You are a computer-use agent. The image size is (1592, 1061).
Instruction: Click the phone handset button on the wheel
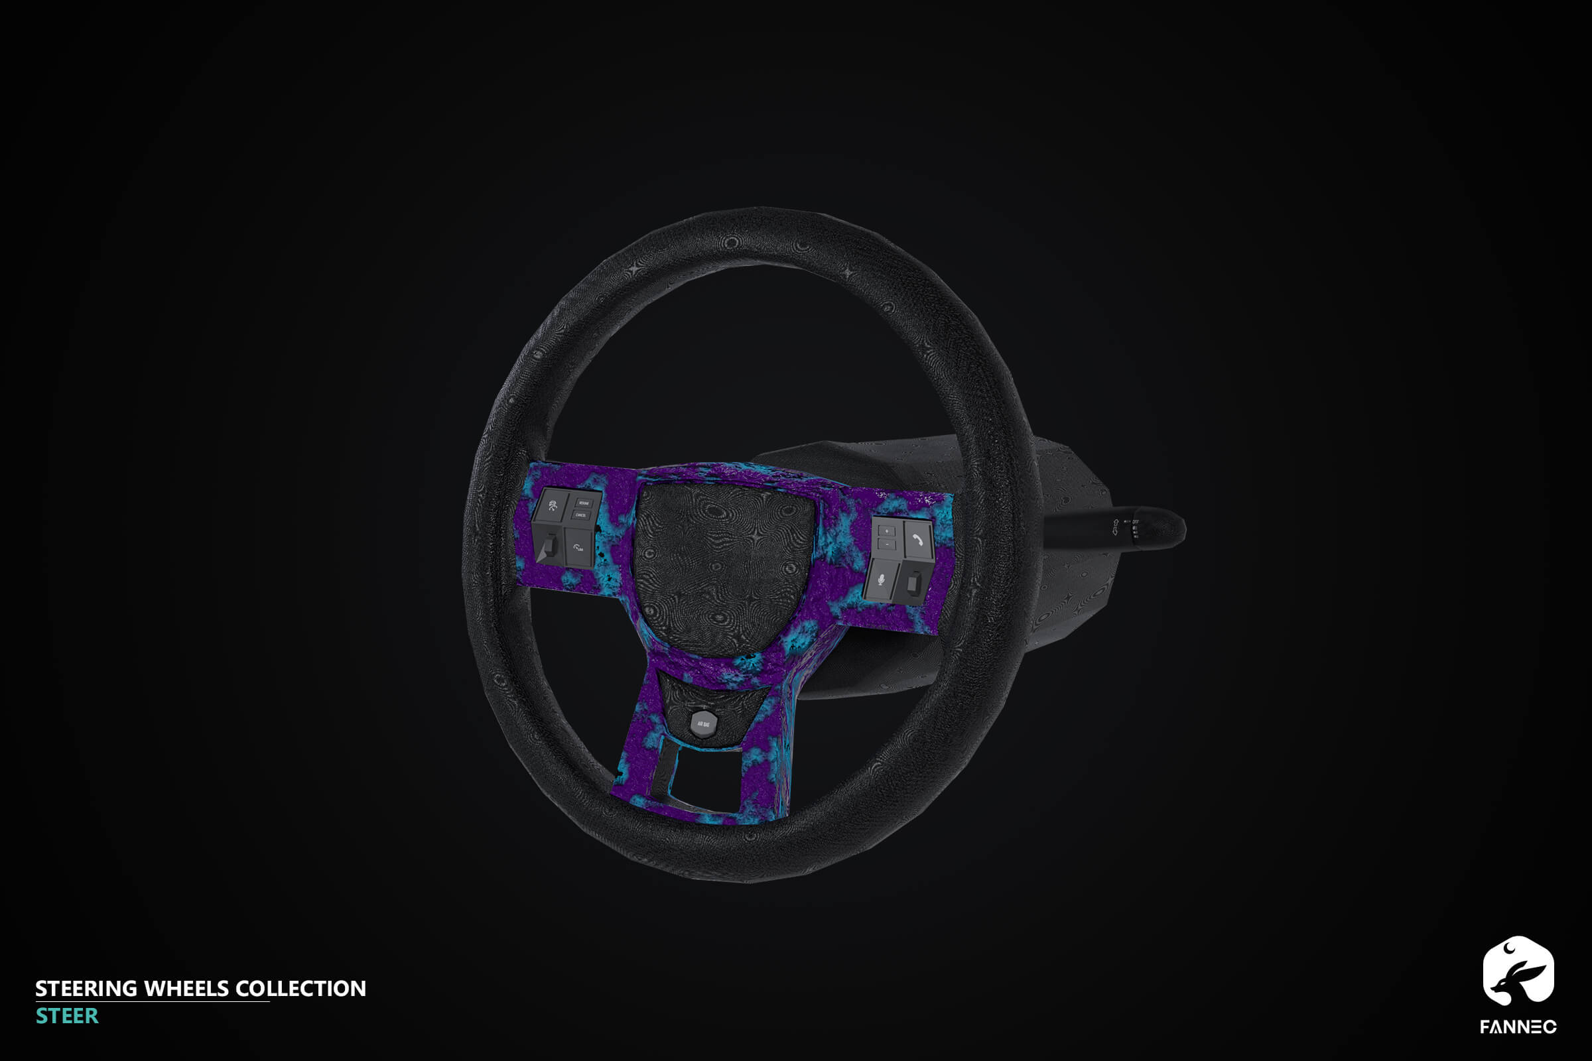point(919,538)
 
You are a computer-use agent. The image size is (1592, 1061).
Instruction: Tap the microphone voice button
point(881,579)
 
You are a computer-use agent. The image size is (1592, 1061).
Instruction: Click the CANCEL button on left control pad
point(581,515)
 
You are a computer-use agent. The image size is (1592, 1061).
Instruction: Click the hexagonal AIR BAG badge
point(704,724)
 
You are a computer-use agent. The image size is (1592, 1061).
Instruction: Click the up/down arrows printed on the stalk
point(1115,527)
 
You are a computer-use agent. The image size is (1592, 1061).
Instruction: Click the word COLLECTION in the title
point(300,989)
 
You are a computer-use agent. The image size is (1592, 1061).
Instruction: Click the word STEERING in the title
point(86,989)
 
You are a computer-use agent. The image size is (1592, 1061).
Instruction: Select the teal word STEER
point(67,1016)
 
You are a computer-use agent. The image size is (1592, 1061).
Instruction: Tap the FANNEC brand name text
point(1518,1027)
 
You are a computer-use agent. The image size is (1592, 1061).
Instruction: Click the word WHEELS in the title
point(186,989)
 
